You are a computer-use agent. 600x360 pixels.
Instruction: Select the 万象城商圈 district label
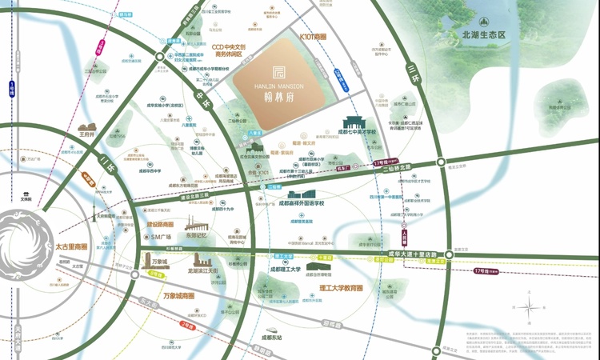pyautogui.click(x=178, y=296)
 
